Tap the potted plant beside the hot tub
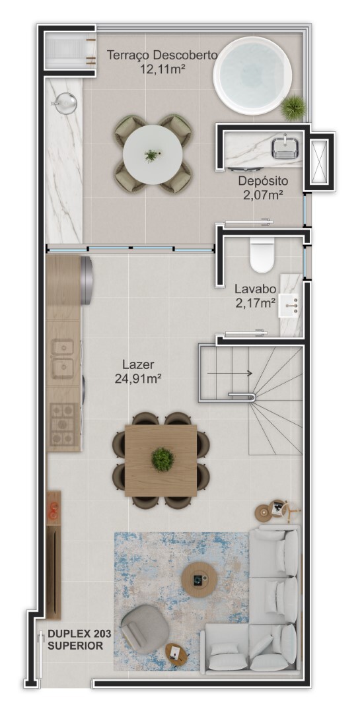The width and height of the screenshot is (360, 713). (x=293, y=106)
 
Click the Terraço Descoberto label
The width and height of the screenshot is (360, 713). (x=162, y=55)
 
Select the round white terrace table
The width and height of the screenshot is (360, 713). (x=153, y=153)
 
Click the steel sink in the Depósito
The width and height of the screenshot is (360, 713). (x=285, y=148)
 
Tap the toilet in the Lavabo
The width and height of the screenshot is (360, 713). (x=262, y=255)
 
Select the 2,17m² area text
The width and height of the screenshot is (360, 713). (x=255, y=303)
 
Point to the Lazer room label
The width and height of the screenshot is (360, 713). (x=138, y=364)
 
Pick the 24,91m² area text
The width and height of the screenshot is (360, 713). (x=138, y=378)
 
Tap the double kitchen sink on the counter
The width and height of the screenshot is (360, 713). (x=63, y=356)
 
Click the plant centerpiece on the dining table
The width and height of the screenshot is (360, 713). (x=162, y=459)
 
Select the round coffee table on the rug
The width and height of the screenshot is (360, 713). (x=199, y=579)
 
